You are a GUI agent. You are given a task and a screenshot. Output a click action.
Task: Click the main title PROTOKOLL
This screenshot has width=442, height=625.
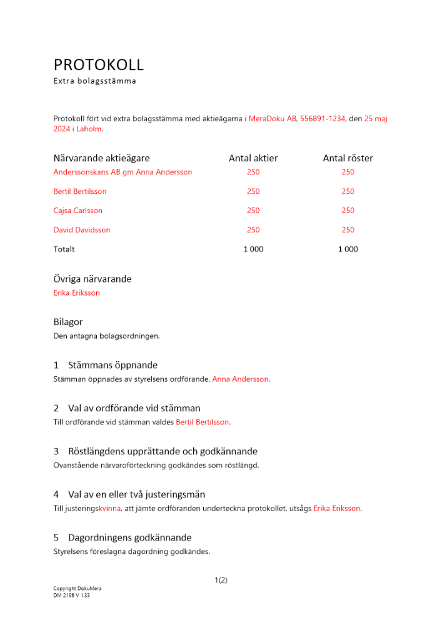point(99,65)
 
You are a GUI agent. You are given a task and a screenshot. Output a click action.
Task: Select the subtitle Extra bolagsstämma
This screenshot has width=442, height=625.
point(94,81)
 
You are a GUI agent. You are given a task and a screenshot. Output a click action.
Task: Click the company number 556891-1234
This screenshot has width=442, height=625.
point(323,118)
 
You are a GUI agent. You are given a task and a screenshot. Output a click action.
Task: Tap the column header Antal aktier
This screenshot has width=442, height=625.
point(253,159)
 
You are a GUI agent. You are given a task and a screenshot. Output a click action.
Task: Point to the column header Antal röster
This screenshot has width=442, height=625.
point(348,159)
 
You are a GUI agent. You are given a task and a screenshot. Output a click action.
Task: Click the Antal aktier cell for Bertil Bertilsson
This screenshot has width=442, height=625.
point(253,191)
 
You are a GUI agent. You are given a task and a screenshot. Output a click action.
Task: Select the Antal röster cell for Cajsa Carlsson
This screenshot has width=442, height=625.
point(348,211)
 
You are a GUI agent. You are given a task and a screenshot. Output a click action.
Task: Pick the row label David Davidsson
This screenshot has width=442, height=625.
point(82,230)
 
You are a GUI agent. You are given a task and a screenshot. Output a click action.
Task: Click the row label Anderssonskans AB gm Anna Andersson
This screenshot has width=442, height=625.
point(123,172)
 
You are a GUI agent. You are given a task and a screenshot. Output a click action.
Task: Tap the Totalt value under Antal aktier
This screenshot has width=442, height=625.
point(253,249)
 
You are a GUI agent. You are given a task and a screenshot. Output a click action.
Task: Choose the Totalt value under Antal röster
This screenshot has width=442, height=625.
point(348,249)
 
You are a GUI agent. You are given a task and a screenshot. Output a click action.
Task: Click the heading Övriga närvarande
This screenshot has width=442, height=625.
point(93,279)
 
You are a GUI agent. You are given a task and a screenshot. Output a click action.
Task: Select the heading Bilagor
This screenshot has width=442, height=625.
point(68,322)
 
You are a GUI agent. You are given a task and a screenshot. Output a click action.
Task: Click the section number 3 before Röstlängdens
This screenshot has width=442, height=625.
point(56,451)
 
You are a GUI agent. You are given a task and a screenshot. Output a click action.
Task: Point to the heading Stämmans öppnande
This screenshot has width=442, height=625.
point(113,365)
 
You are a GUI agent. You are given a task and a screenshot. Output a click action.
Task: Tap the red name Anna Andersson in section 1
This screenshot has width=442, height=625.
point(241,379)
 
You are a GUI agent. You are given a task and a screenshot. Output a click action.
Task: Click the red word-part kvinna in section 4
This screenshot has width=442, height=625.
point(109,509)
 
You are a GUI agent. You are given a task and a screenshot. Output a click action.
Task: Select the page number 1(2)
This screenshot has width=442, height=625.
point(221,580)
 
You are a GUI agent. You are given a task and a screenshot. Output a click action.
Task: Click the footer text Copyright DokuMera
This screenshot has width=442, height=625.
point(78,589)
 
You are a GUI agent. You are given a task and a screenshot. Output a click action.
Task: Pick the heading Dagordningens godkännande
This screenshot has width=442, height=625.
point(129,537)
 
